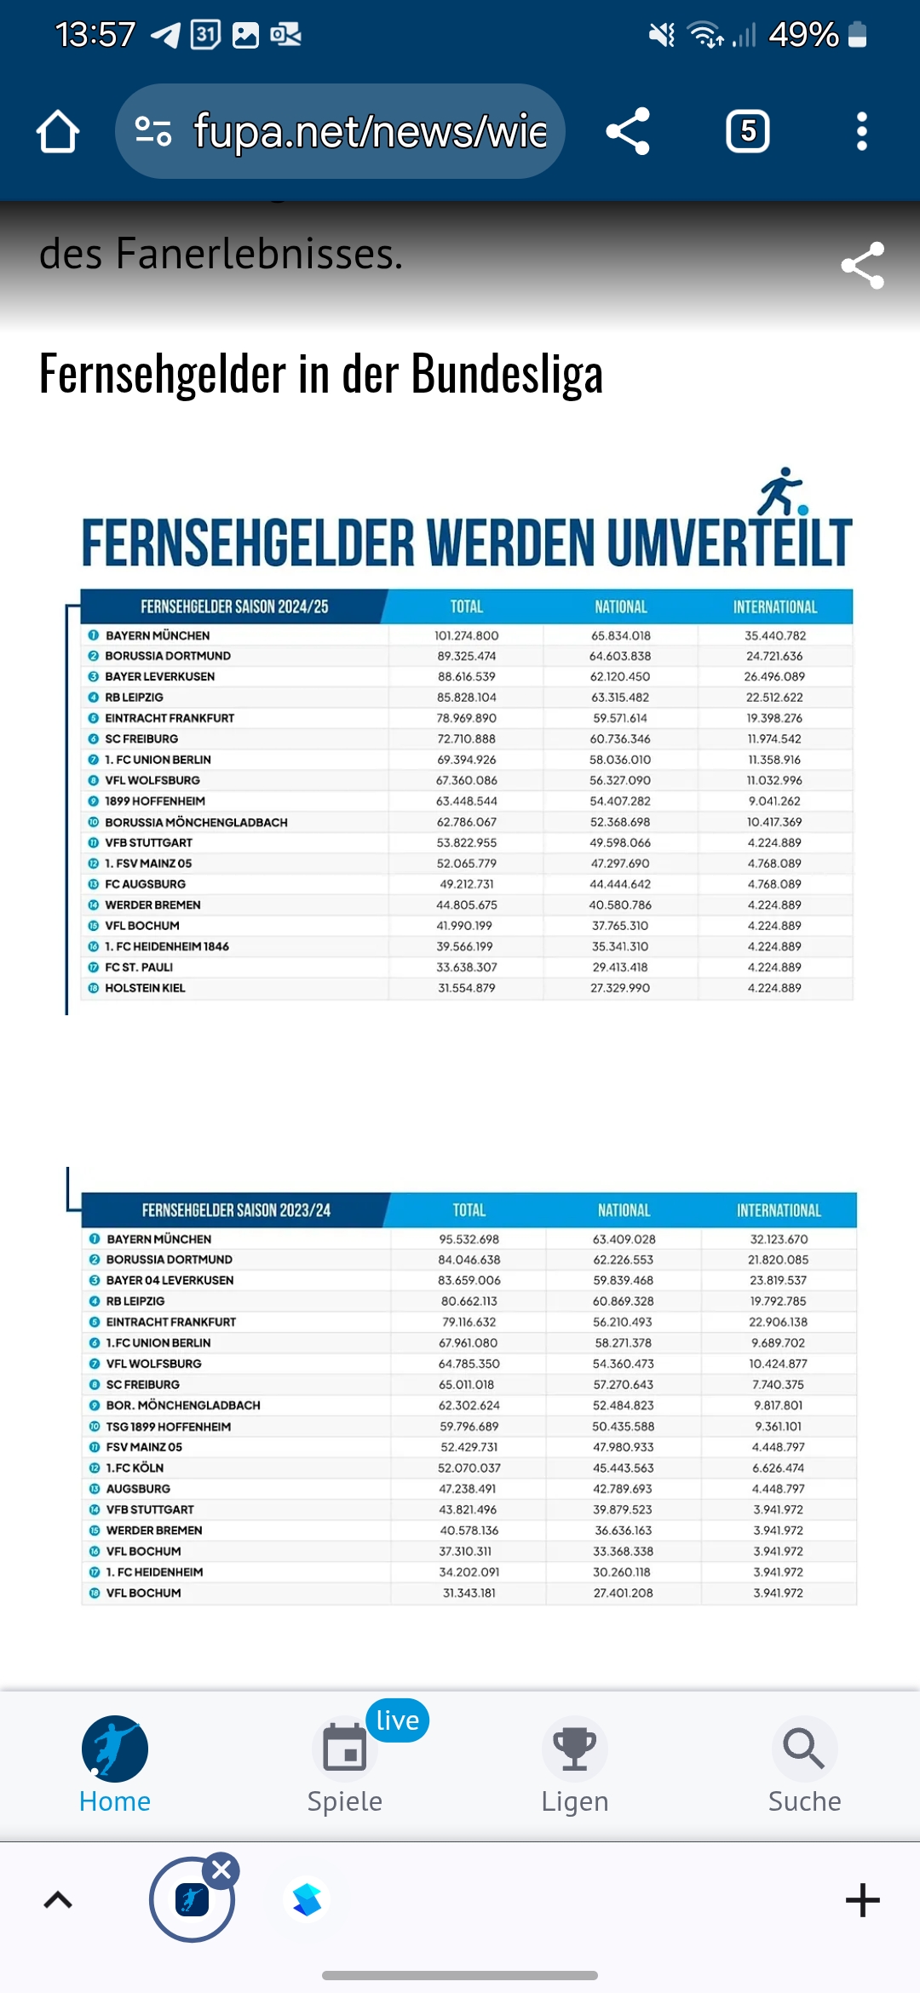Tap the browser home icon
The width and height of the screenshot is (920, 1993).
point(58,131)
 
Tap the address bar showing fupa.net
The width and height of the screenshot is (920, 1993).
point(341,131)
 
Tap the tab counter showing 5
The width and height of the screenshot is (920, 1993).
point(747,131)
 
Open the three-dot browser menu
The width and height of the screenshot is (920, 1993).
point(862,131)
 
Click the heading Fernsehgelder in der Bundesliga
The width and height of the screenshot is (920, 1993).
point(320,374)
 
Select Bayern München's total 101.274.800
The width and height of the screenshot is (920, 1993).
point(466,635)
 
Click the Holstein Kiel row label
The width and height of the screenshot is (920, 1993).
point(145,988)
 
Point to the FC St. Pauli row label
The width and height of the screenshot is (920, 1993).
point(139,968)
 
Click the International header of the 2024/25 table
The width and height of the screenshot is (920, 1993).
point(775,607)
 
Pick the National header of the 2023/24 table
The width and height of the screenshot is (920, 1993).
point(624,1210)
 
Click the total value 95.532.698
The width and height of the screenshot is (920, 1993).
point(469,1239)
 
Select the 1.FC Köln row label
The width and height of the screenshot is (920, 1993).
point(135,1467)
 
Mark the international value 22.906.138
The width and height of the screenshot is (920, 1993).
point(778,1322)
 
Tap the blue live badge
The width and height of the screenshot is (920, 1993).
point(398,1720)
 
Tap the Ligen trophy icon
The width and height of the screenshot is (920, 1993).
point(575,1748)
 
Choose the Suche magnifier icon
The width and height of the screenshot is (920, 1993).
point(804,1748)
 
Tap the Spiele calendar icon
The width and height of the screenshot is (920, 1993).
point(345,1748)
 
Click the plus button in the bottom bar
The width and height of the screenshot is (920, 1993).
point(862,1900)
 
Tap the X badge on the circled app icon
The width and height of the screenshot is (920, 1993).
point(222,1870)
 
